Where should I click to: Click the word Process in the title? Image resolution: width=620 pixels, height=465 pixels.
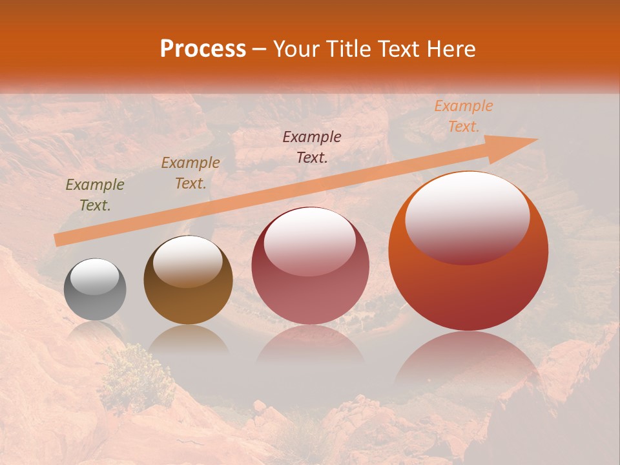pyautogui.click(x=203, y=49)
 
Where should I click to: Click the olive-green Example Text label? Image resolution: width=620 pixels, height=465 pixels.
pyautogui.click(x=95, y=195)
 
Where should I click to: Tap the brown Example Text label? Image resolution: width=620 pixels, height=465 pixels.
pyautogui.click(x=191, y=173)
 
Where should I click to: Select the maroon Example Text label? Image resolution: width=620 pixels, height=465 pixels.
pyautogui.click(x=312, y=147)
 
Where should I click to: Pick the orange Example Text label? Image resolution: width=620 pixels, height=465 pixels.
pyautogui.click(x=464, y=116)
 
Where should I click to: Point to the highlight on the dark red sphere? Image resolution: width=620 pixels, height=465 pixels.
pyautogui.click(x=310, y=240)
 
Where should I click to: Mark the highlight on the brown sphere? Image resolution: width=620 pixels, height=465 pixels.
pyautogui.click(x=188, y=260)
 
